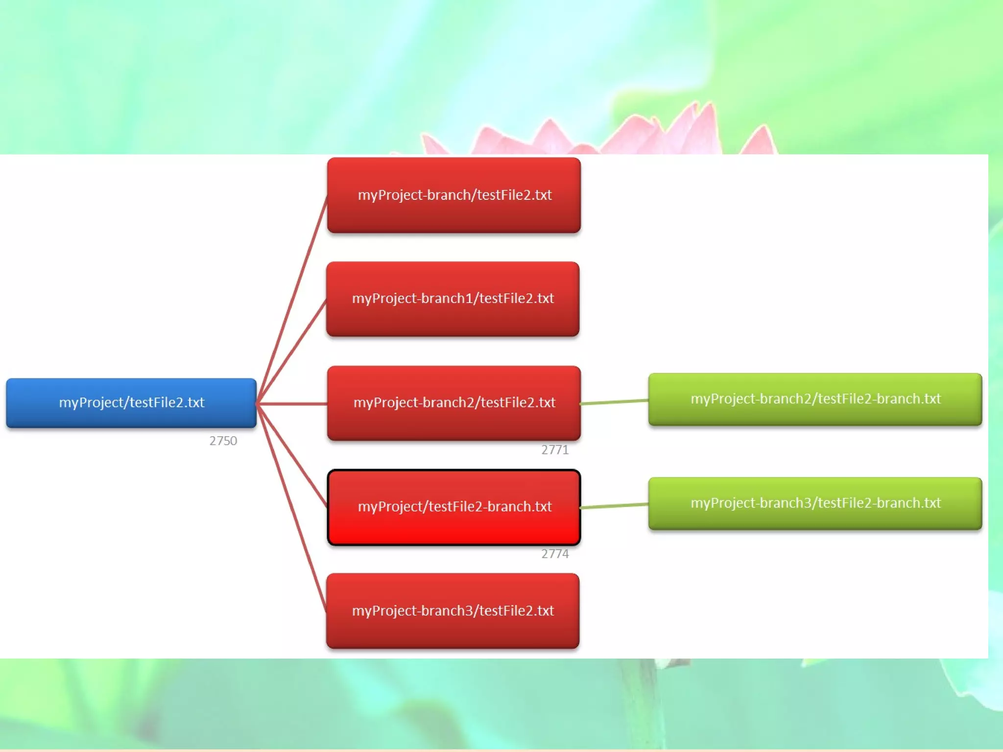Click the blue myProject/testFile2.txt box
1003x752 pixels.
[x=131, y=402]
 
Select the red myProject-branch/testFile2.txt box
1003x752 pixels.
[x=454, y=195]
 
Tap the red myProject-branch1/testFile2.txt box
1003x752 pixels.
[x=453, y=299]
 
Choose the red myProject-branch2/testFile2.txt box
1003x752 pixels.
[x=454, y=402]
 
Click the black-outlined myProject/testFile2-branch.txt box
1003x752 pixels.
[x=454, y=507]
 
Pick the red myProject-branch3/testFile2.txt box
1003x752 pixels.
[x=453, y=611]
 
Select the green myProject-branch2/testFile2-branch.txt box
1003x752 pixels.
[x=815, y=399]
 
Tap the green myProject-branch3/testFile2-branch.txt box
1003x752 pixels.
[x=815, y=503]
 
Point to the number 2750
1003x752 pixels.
[x=223, y=441]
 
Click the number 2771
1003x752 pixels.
[x=555, y=450]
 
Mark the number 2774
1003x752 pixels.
[x=555, y=554]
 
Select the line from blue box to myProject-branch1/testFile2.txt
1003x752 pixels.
[x=292, y=352]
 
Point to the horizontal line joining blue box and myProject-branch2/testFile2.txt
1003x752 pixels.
[x=292, y=404]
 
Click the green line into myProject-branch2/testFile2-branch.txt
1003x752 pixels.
[x=615, y=402]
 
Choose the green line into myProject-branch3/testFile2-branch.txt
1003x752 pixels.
[x=615, y=506]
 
